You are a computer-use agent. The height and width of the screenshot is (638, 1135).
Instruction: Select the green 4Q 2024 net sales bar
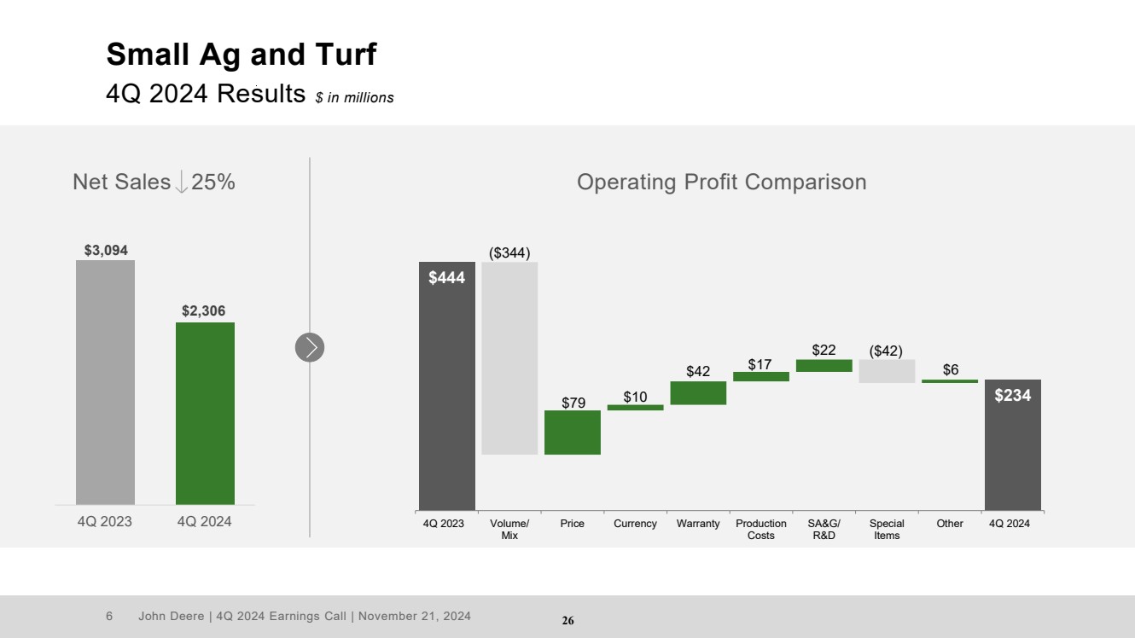click(205, 413)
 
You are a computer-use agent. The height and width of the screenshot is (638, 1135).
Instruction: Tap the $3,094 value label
click(106, 250)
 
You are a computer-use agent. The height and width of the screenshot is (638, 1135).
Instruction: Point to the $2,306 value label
click(204, 311)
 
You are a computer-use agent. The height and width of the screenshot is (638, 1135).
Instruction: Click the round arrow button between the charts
click(310, 347)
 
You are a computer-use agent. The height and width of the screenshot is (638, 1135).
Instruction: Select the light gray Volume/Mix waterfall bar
click(509, 358)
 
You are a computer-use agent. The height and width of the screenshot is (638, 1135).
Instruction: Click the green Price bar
click(573, 432)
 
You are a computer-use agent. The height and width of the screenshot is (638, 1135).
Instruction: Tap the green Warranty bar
click(698, 392)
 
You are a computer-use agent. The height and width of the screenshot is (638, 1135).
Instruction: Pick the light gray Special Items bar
click(887, 371)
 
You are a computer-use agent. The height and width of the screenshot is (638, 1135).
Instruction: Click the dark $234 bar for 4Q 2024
click(1012, 444)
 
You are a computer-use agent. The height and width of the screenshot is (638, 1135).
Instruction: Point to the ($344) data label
click(509, 252)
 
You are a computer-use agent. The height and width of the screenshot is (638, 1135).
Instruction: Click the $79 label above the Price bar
click(573, 403)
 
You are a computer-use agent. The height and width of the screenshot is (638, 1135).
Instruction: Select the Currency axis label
click(635, 524)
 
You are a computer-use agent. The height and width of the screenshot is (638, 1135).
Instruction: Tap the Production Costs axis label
click(761, 530)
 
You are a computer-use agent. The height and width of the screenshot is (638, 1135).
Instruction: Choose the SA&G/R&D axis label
click(824, 530)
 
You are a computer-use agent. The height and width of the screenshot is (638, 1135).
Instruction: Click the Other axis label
click(950, 524)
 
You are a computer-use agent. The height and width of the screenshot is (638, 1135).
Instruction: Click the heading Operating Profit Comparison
click(721, 182)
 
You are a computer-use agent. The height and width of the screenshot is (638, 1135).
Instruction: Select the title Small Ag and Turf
click(242, 55)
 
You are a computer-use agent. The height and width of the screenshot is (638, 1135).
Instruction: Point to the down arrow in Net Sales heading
click(181, 182)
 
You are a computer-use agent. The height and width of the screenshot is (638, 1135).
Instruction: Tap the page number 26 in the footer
click(567, 621)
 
